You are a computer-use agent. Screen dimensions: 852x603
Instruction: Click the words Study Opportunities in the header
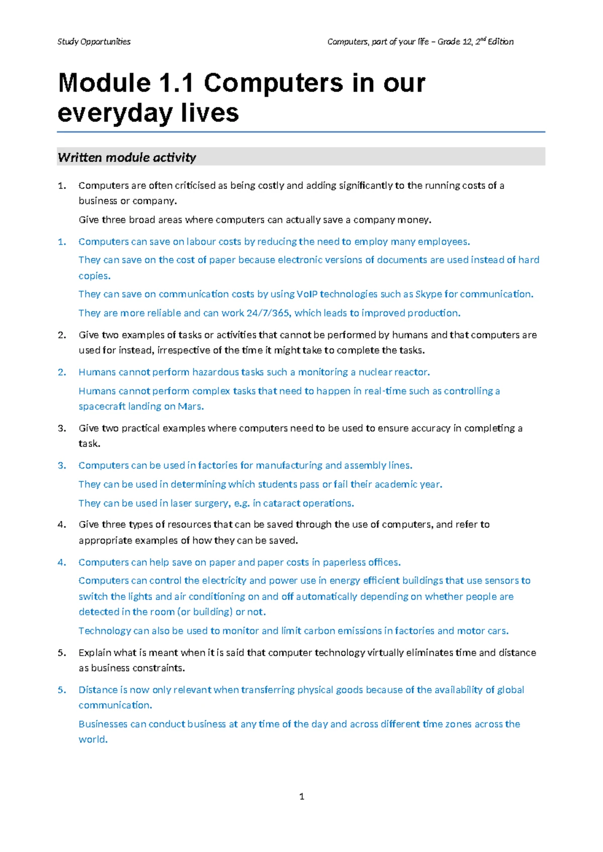[x=94, y=42]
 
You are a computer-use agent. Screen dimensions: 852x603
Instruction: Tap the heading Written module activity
[x=127, y=157]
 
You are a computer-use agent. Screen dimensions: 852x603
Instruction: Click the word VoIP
[x=307, y=294]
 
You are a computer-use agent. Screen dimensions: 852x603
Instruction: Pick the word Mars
[x=190, y=406]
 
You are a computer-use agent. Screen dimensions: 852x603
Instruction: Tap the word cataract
[x=282, y=503]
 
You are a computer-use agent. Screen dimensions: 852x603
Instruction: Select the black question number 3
[x=62, y=429]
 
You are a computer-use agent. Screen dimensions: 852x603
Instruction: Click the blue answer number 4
[x=62, y=562]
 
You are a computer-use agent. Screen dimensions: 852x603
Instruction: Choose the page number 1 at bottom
[x=301, y=796]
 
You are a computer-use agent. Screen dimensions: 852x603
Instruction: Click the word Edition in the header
[x=500, y=42]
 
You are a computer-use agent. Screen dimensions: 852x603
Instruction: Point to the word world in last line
[x=92, y=739]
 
